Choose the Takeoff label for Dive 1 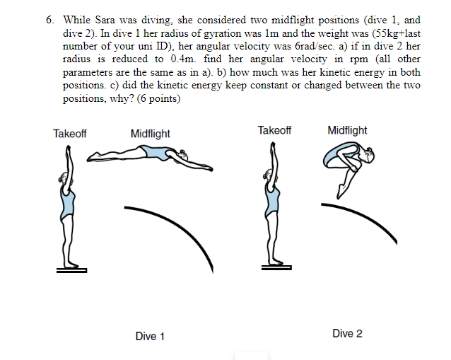coord(70,134)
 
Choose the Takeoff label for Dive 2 coord(274,131)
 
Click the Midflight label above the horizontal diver coord(150,134)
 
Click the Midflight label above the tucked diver coord(347,131)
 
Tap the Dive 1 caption coord(150,336)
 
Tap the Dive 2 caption coord(347,333)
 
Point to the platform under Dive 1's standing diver coord(73,269)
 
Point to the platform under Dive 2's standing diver coord(277,267)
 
